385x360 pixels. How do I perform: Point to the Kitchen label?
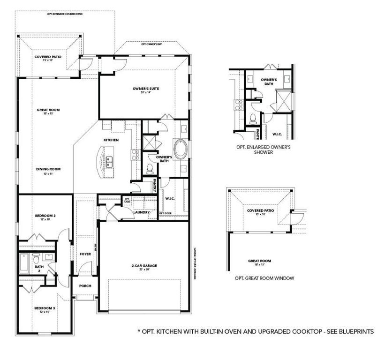(x=111, y=140)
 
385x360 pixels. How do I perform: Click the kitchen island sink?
(x=109, y=162)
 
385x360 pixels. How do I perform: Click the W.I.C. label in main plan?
(x=170, y=198)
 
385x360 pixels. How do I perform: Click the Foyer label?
(x=85, y=254)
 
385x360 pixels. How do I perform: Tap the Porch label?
(x=85, y=286)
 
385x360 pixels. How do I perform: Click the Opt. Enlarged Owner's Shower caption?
(x=263, y=150)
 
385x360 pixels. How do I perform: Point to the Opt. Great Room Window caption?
(x=264, y=278)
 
